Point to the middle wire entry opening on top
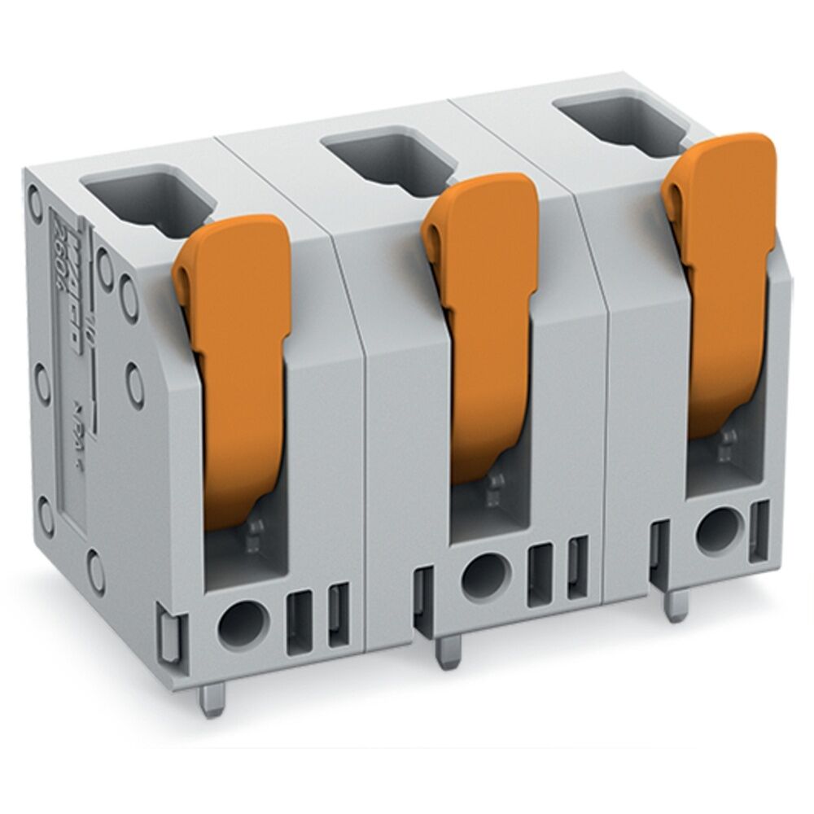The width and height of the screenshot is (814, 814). [383, 159]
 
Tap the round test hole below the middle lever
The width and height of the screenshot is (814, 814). [483, 575]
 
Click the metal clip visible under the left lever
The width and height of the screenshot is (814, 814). [254, 533]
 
